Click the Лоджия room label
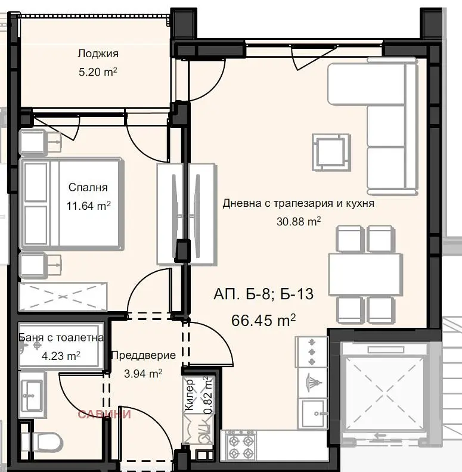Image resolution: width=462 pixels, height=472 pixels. [x=98, y=54]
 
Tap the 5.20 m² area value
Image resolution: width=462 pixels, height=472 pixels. [x=98, y=72]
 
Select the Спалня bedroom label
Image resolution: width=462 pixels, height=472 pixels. [x=88, y=187]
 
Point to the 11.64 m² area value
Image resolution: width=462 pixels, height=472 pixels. [x=89, y=206]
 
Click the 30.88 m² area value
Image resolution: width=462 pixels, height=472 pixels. [x=299, y=222]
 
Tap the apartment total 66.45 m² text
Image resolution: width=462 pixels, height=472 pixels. [x=263, y=320]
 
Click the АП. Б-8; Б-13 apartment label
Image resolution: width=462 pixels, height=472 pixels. [x=263, y=294]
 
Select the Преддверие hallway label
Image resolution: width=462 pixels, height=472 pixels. [x=143, y=356]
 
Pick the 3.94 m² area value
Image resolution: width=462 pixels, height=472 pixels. [x=143, y=374]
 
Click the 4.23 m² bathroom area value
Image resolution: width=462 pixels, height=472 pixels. [x=61, y=356]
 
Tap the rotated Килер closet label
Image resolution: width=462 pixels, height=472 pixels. [x=189, y=395]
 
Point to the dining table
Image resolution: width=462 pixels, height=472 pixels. [x=365, y=275]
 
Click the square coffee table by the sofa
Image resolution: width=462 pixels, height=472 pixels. [x=331, y=153]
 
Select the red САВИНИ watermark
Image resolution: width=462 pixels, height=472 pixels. [x=104, y=414]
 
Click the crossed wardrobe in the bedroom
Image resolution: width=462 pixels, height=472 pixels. [x=63, y=297]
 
